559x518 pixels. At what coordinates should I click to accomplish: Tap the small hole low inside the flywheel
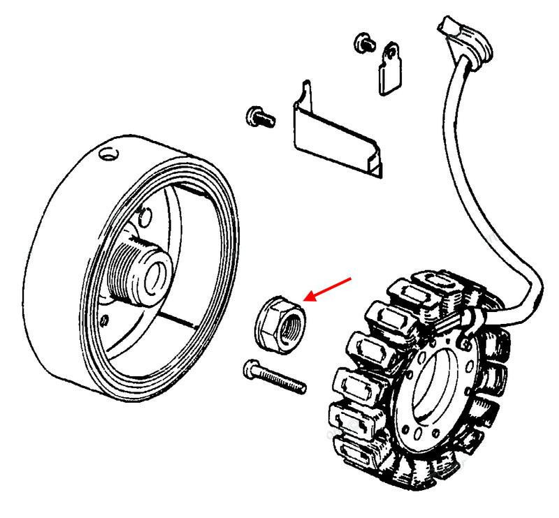click(x=104, y=320)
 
